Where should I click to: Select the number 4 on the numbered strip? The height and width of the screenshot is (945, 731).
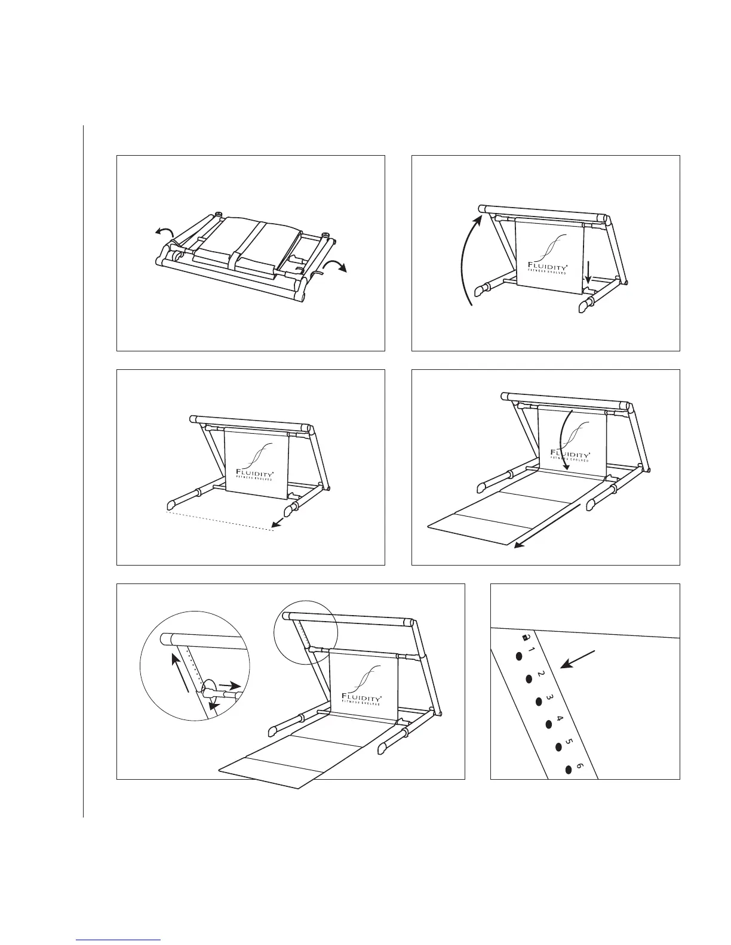coord(560,718)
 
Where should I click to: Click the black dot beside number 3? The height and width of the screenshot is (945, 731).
coord(538,702)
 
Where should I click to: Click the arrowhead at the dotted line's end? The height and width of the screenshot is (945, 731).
coord(275,524)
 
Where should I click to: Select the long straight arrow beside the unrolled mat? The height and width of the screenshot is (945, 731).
coord(549,526)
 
